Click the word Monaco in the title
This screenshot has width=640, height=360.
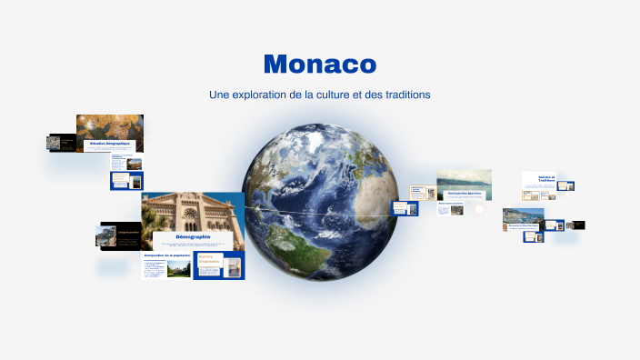[x=319, y=65]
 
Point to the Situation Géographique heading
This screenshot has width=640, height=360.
[x=109, y=144]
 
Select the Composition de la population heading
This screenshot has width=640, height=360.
[x=167, y=255]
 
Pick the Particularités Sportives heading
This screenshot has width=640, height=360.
[x=464, y=194]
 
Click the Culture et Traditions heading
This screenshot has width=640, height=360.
[x=546, y=179]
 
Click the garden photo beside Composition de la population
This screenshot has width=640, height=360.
[x=178, y=269]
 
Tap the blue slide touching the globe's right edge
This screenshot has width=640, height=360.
[x=405, y=208]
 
